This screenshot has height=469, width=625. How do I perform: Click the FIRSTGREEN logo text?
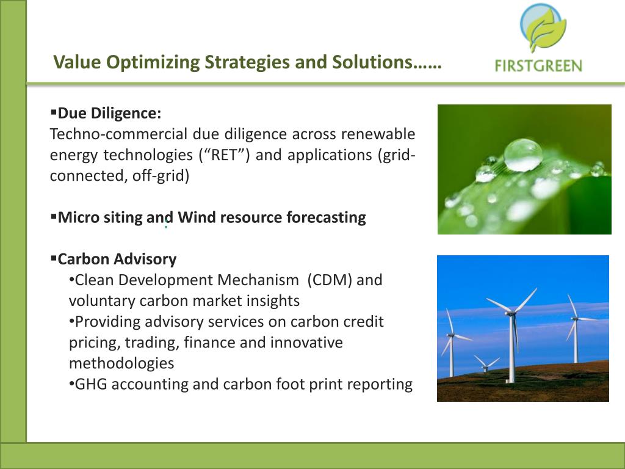tap(538, 65)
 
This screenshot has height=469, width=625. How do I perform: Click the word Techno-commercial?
tap(118, 134)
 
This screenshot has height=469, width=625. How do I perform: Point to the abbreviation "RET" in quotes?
tap(224, 155)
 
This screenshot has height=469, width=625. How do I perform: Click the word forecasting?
tap(326, 218)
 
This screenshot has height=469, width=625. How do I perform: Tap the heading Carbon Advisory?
tap(117, 259)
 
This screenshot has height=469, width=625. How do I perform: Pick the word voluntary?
tap(101, 301)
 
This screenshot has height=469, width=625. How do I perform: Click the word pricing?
tap(94, 343)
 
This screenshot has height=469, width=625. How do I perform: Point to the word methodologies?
tap(121, 363)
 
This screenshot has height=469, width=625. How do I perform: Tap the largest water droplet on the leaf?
tap(523, 155)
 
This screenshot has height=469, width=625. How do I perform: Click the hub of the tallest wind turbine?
tap(511, 313)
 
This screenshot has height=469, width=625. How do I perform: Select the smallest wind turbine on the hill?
tap(486, 363)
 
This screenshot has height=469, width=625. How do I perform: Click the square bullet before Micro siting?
tap(54, 217)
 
